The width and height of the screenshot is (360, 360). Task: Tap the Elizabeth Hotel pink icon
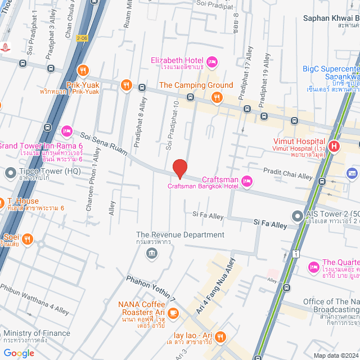click(x=212, y=61)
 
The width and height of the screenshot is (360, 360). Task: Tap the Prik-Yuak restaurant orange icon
click(x=83, y=70)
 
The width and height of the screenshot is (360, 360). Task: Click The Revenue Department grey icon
click(x=151, y=253)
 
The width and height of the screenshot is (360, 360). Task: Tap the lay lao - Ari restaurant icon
click(x=220, y=337)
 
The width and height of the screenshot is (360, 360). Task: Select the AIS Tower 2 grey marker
click(x=296, y=216)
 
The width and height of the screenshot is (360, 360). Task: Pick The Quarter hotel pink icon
click(x=313, y=266)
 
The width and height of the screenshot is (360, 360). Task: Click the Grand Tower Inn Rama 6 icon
click(x=66, y=130)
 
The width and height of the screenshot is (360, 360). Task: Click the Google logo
click(x=19, y=353)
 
